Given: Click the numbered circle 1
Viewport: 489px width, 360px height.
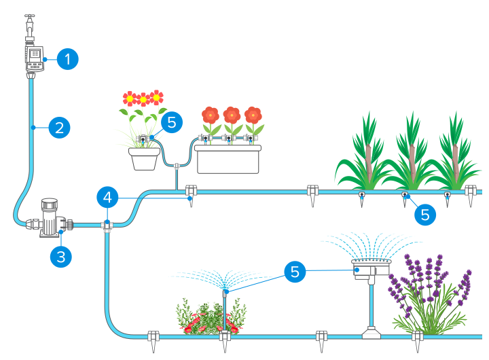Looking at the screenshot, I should (x=67, y=59).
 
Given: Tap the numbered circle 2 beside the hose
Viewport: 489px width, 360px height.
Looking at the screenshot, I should (x=59, y=127).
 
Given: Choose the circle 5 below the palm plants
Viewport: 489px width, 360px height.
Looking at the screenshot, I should (x=424, y=214).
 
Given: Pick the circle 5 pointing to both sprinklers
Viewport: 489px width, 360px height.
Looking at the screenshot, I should (x=295, y=272).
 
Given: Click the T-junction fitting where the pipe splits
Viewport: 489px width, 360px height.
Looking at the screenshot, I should (x=107, y=224).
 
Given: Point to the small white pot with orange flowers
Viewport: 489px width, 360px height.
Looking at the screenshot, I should (x=144, y=158).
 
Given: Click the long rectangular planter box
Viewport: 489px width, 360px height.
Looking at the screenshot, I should (x=228, y=159).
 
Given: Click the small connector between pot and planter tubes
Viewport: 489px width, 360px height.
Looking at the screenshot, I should (x=176, y=164).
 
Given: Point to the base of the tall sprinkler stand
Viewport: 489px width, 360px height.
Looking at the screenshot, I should (x=371, y=332).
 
